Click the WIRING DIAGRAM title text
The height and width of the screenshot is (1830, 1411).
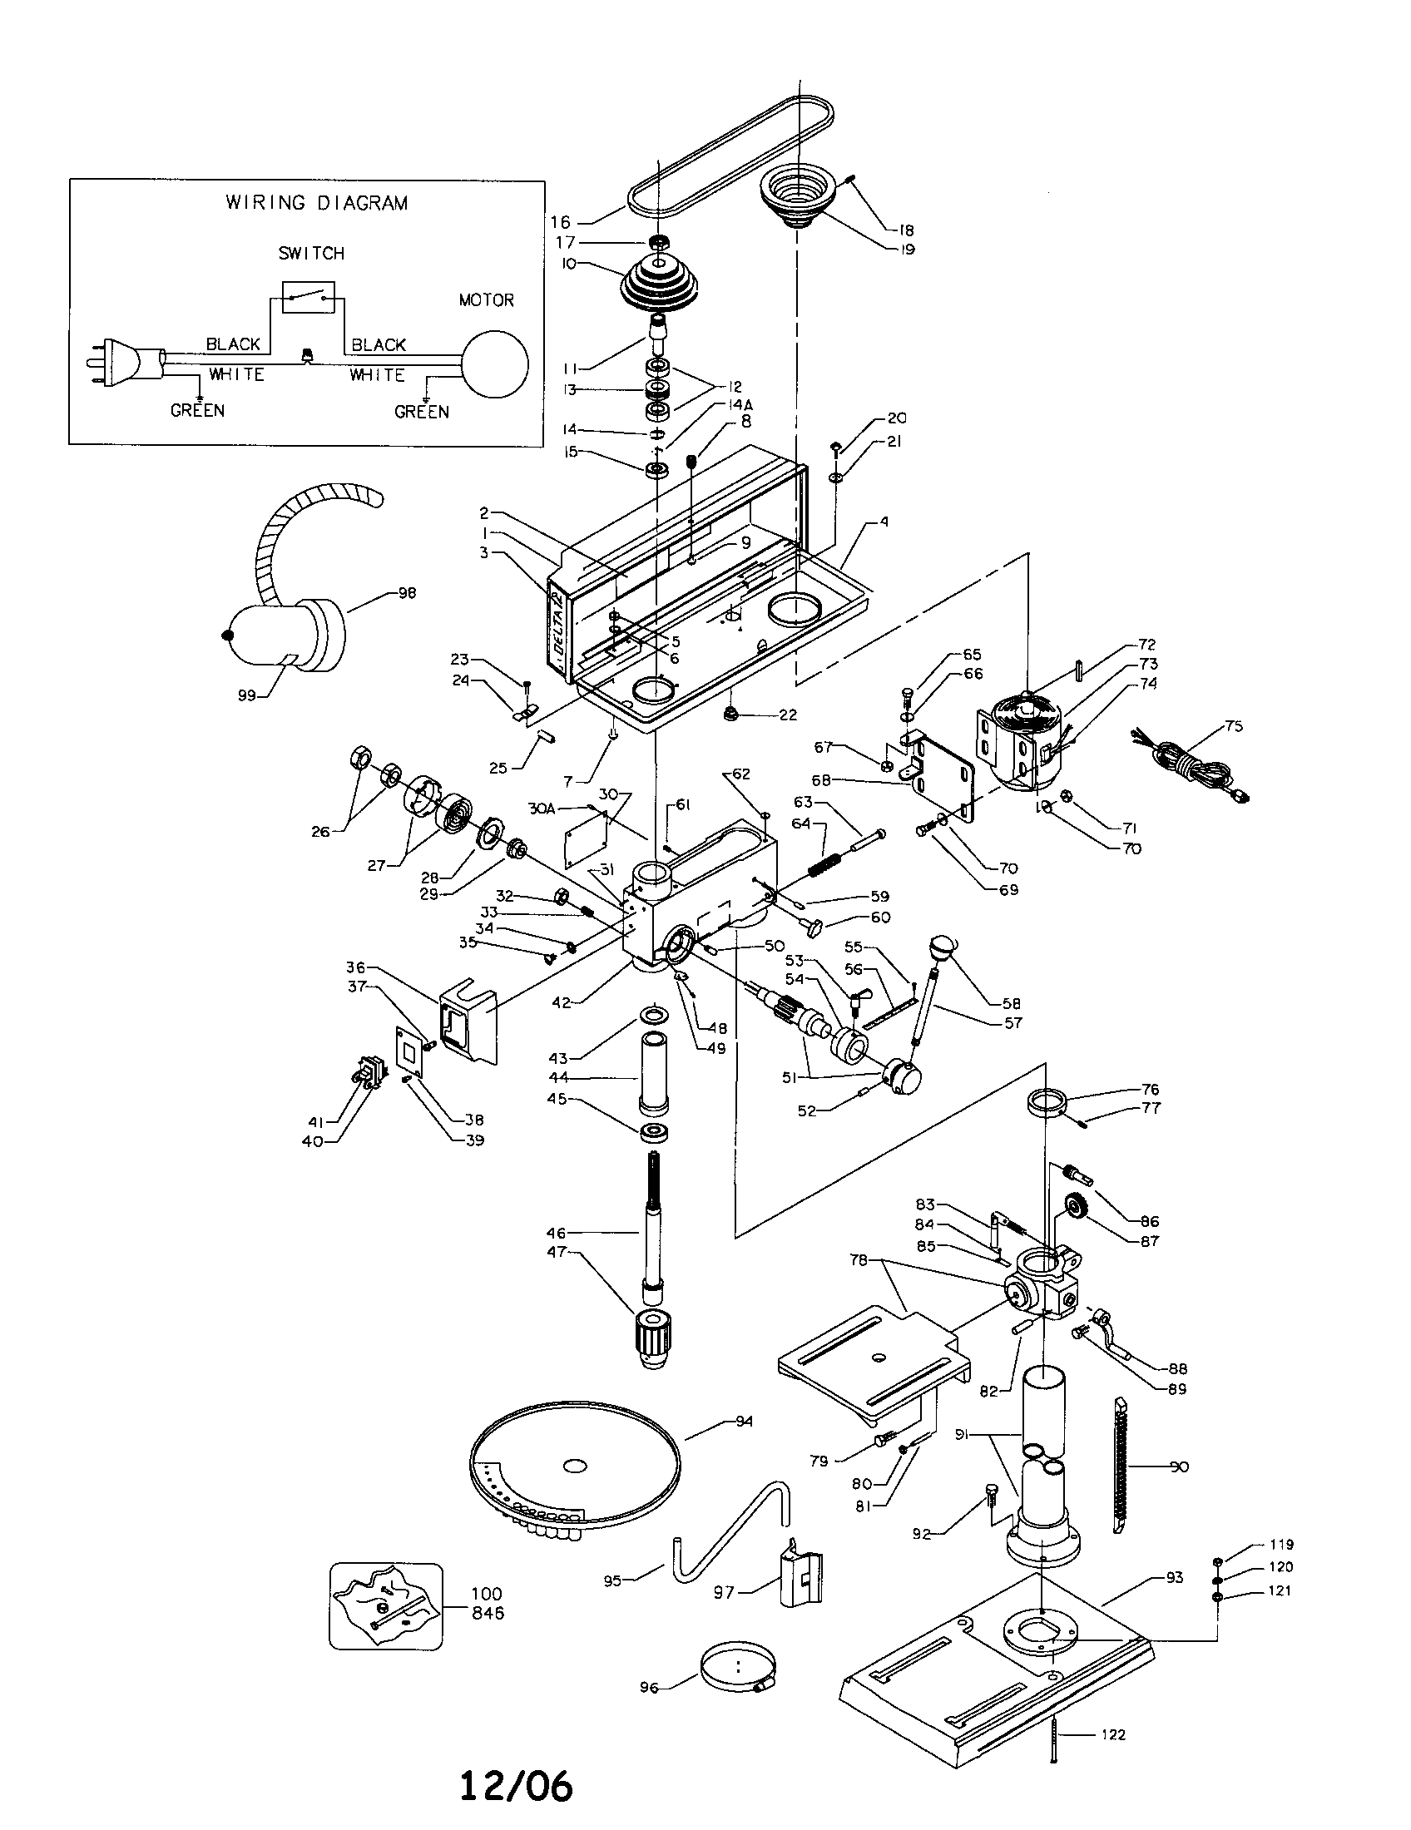(317, 203)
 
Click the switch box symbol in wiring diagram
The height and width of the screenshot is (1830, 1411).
(308, 298)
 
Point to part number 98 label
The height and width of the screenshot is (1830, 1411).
(407, 593)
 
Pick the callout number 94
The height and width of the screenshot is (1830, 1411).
(743, 1421)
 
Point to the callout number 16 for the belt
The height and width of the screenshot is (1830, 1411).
(560, 222)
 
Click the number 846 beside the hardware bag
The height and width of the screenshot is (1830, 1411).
(487, 1613)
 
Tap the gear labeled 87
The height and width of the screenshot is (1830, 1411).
(1078, 1209)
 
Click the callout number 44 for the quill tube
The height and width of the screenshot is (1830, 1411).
(557, 1078)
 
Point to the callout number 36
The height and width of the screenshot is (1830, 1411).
(356, 967)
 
